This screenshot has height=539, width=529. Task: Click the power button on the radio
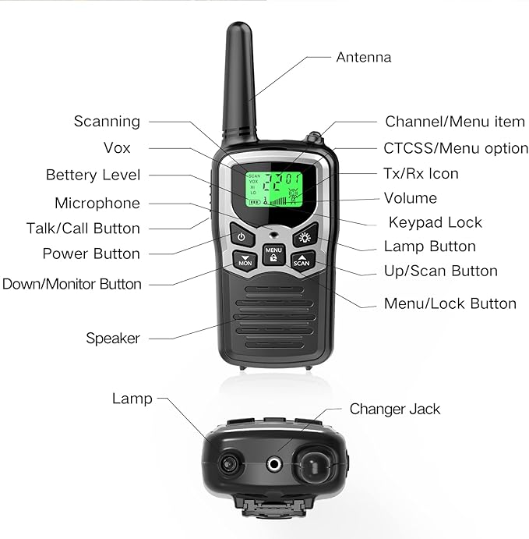(x=242, y=236)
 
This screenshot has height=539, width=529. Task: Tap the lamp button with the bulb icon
(x=305, y=236)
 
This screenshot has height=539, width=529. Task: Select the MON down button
(x=245, y=261)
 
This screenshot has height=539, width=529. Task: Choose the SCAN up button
(x=302, y=261)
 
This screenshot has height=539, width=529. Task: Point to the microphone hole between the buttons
(x=273, y=235)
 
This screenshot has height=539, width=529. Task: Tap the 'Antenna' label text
(x=364, y=57)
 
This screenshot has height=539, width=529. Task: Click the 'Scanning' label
(x=107, y=122)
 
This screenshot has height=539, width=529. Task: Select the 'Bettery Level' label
(x=93, y=175)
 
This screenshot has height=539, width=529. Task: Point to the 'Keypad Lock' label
(x=436, y=222)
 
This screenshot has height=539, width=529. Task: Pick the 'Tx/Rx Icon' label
(x=421, y=174)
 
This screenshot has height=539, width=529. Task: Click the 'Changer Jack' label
(x=395, y=410)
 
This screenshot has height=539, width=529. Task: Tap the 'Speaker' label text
(x=113, y=339)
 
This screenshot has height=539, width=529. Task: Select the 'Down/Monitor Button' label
(x=72, y=284)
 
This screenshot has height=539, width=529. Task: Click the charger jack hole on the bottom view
(x=274, y=464)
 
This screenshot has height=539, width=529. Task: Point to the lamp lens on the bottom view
(x=228, y=464)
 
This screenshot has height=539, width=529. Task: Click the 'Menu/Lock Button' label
(x=450, y=303)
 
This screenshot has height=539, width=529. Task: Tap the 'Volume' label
(x=411, y=198)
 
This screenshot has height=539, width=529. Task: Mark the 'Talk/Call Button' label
(x=83, y=229)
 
